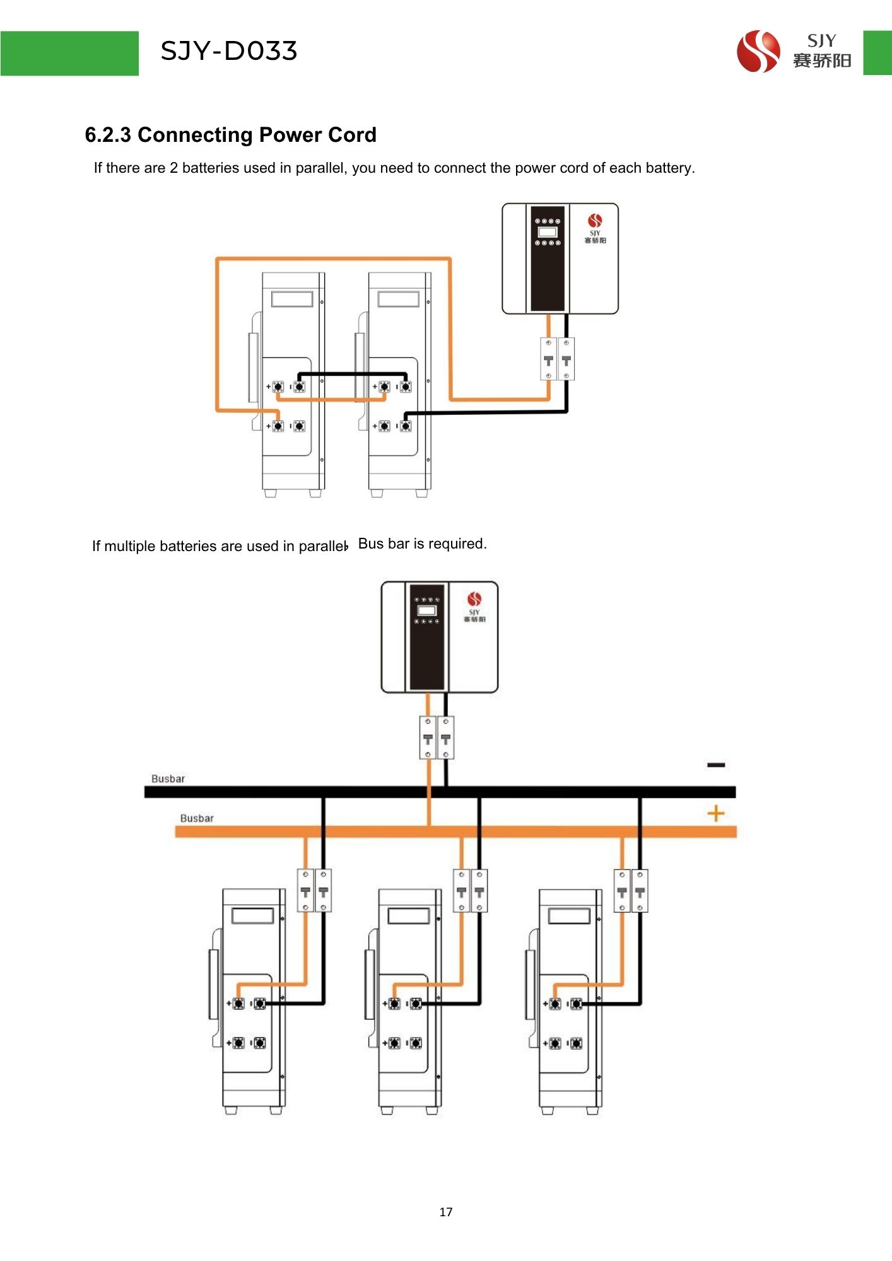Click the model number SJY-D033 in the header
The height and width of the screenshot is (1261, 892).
[228, 51]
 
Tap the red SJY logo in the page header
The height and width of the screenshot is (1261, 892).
[758, 52]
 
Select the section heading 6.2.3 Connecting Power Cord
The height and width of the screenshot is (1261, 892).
[230, 135]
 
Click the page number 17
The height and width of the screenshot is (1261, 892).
[446, 1212]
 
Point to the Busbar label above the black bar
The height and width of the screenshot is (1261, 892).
[168, 779]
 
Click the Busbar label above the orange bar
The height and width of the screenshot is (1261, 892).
[197, 818]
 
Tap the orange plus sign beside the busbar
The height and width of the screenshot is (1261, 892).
[716, 813]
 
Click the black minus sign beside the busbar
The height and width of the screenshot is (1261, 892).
[716, 765]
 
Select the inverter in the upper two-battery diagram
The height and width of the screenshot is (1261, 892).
[560, 259]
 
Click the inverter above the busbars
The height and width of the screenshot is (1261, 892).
[439, 637]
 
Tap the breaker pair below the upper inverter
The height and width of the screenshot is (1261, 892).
[557, 359]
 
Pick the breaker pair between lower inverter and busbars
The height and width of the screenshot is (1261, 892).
[437, 738]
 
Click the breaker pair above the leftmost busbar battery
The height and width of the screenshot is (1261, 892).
[314, 890]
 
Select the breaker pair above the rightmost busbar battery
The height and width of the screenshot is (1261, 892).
[631, 890]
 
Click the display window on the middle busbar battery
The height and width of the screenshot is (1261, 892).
[409, 915]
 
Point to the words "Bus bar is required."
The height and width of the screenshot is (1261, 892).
[422, 543]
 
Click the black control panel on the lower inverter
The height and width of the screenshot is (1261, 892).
[427, 637]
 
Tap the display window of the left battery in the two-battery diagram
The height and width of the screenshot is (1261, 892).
[292, 298]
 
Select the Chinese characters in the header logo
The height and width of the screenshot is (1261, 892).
[822, 61]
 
